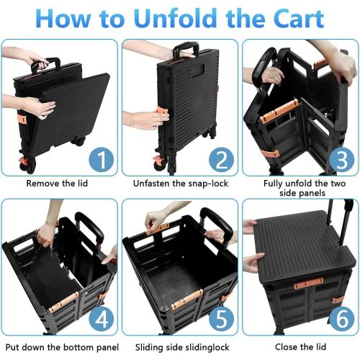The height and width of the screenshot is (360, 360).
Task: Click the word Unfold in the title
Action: pyautogui.click(x=176, y=18)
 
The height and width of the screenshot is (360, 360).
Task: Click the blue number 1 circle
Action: pyautogui.click(x=102, y=159)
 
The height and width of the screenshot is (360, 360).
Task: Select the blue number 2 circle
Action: pyautogui.click(x=221, y=159)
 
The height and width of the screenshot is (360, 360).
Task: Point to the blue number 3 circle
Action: pyautogui.click(x=342, y=159)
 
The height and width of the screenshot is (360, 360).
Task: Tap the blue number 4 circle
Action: pyautogui.click(x=102, y=319)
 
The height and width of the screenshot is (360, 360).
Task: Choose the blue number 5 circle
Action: pyautogui.click(x=221, y=319)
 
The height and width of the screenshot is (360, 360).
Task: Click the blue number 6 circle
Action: pyautogui.click(x=342, y=319)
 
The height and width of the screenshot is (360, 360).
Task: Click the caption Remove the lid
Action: pyautogui.click(x=57, y=184)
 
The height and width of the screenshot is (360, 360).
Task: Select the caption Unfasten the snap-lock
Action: pyautogui.click(x=181, y=184)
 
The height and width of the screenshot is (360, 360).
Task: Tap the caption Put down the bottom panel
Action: pyautogui.click(x=62, y=347)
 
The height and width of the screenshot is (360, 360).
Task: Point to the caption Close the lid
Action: pyautogui.click(x=300, y=347)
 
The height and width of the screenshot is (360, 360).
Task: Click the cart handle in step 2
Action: pyautogui.click(x=186, y=48)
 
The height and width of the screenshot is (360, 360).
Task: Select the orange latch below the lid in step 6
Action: pyautogui.click(x=309, y=283)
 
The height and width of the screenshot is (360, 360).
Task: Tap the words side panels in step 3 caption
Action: pyautogui.click(x=302, y=193)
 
